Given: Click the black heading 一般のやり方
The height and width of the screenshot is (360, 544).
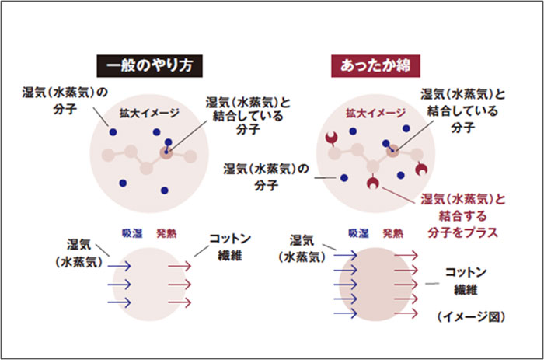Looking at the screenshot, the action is click(149, 65).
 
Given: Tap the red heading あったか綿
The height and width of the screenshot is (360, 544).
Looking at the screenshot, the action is click(375, 65).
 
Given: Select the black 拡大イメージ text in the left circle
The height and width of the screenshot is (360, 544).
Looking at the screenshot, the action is click(149, 113).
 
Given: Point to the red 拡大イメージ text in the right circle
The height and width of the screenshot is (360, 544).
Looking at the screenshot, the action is click(375, 113).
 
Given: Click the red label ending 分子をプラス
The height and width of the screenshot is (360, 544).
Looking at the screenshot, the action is click(463, 216).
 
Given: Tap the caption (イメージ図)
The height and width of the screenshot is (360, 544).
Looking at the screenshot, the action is click(471, 316).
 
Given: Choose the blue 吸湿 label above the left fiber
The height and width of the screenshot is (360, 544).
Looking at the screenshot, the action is click(132, 233).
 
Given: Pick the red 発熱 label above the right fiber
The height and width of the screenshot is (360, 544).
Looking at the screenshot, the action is click(392, 233).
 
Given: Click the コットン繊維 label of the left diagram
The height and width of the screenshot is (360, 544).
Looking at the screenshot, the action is click(230, 247).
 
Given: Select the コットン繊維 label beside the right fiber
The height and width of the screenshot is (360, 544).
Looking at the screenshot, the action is click(466, 281).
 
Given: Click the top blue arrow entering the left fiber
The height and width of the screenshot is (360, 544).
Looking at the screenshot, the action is click(119, 266).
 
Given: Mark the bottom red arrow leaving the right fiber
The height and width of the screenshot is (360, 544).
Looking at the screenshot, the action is click(406, 313).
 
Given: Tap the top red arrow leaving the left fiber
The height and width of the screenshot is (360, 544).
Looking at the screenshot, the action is click(180, 266).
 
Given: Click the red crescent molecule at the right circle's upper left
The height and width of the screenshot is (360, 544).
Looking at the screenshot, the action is click(332, 138).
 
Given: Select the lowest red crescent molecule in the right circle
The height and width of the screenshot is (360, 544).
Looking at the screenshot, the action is click(373, 183).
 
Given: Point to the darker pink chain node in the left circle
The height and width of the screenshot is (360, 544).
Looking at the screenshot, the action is click(166, 153).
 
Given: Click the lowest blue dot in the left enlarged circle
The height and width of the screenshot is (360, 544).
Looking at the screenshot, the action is click(165, 190).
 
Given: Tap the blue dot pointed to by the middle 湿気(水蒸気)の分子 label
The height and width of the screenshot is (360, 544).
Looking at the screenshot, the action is click(343, 178).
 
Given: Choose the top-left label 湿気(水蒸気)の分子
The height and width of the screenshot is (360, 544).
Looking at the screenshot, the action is click(65, 100).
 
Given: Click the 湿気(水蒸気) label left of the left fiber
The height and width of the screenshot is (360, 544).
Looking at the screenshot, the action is click(79, 253).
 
